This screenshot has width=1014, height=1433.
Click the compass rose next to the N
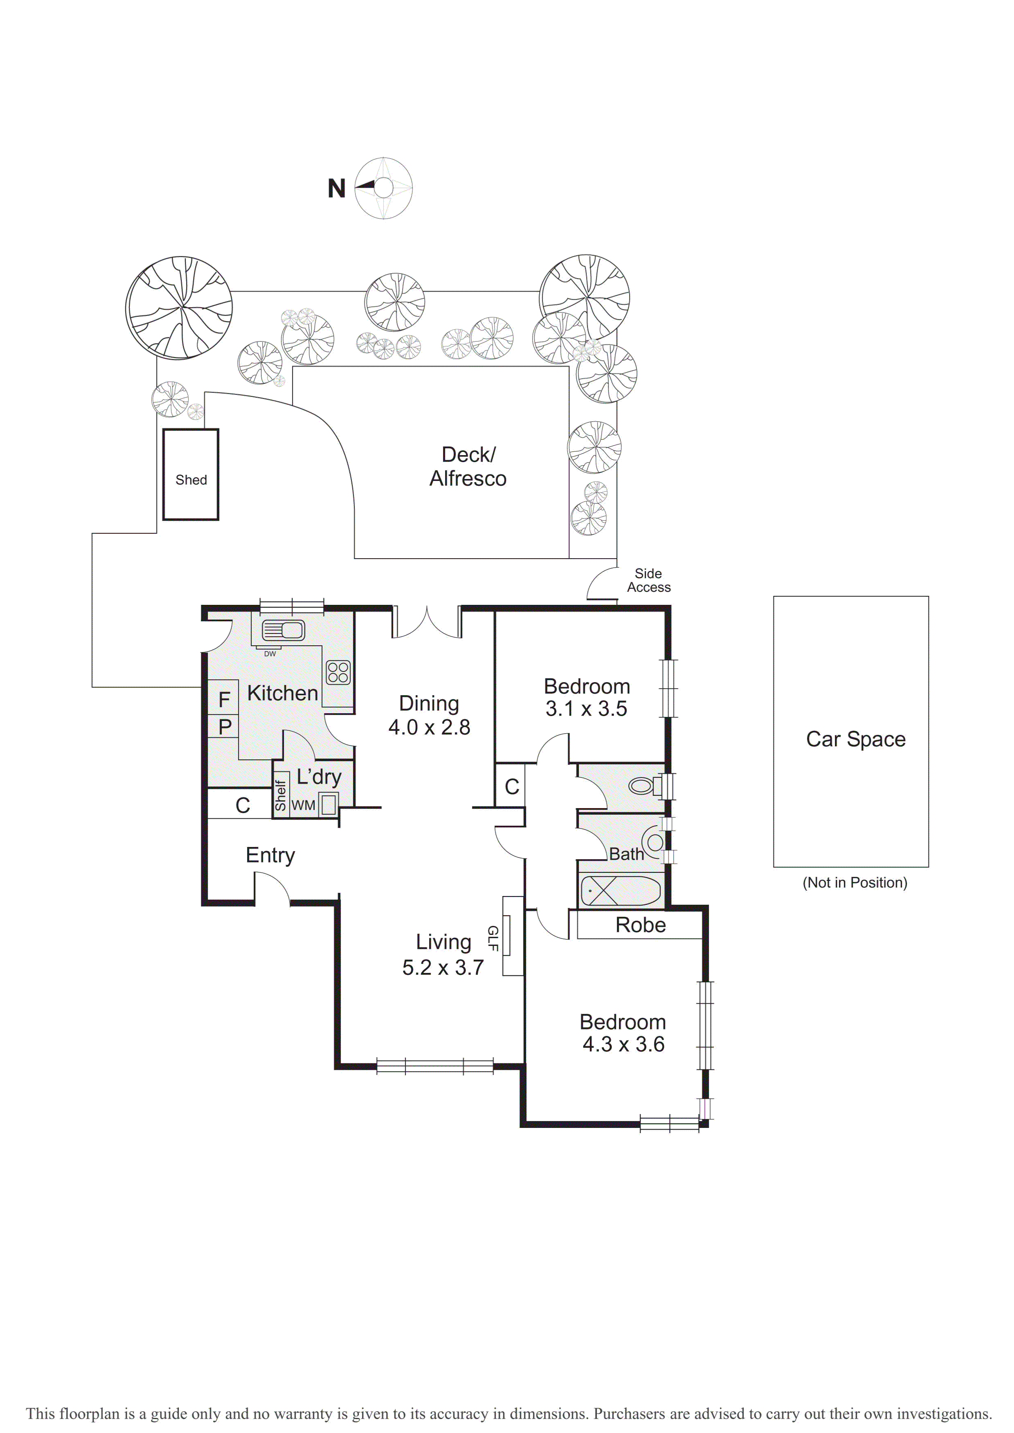[x=383, y=188]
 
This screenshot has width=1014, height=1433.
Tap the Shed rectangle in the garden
[x=191, y=474]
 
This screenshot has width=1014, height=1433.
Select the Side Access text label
[x=649, y=580]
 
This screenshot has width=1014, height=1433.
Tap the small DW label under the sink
[x=270, y=654]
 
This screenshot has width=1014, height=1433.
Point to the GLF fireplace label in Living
[x=492, y=938]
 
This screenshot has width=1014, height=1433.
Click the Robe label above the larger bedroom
[x=641, y=925]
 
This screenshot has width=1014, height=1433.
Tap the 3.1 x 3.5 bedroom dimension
[x=586, y=709]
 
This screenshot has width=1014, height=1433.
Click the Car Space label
[x=855, y=739]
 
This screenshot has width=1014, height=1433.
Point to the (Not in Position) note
[x=855, y=883]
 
